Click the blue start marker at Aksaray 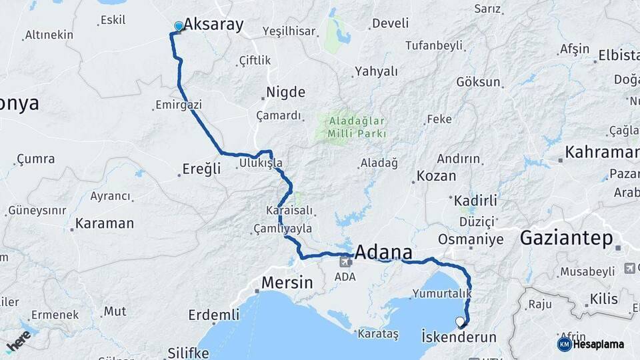coord(178,27)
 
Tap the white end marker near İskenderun coord(460,322)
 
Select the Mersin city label coord(287,283)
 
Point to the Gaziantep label coord(565,237)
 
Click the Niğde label coord(285,92)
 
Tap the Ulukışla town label coord(261,163)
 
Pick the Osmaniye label coord(471,239)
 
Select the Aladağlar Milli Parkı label coord(357,127)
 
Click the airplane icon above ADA coord(345,261)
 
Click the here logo coord(17,341)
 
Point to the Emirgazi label coord(178,105)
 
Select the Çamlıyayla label coord(283,229)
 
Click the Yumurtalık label coord(442,293)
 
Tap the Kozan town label coord(437,177)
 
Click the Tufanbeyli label coord(434,45)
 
